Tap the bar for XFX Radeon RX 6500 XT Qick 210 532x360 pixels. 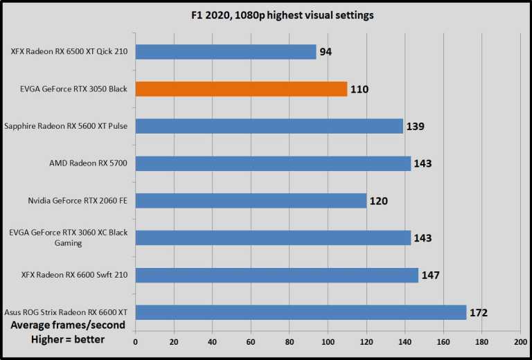coord(226,52)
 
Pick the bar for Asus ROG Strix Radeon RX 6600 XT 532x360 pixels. coord(301,312)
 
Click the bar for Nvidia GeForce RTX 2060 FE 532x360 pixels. coord(251,201)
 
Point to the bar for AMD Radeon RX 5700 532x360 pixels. coord(273,163)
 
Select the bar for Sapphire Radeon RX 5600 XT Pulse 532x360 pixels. coord(269,126)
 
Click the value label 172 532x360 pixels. coord(478,313)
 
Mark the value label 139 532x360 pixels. coord(415,127)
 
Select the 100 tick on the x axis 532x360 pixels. coord(328,342)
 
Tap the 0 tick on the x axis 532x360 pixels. coord(136,342)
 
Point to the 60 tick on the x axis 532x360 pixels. coord(251,342)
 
